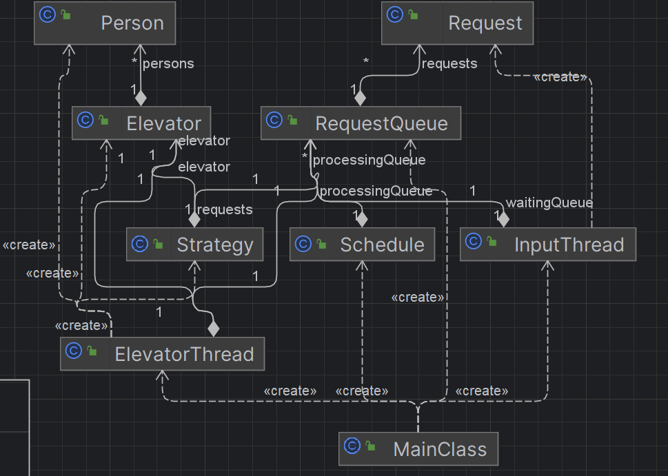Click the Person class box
pyautogui.click(x=105, y=23)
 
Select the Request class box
pyautogui.click(x=457, y=23)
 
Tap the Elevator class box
pyautogui.click(x=141, y=123)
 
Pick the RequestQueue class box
pyautogui.click(x=361, y=123)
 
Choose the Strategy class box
pyautogui.click(x=194, y=245)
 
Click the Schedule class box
pyautogui.click(x=362, y=245)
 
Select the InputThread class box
pyautogui.click(x=548, y=245)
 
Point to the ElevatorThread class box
pyautogui.click(x=162, y=354)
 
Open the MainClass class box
pyautogui.click(x=418, y=449)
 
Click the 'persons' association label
pyautogui.click(x=168, y=63)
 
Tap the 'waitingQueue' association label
pyautogui.click(x=549, y=203)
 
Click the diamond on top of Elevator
pyautogui.click(x=141, y=99)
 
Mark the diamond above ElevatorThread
pyautogui.click(x=214, y=329)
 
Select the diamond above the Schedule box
pyautogui.click(x=362, y=220)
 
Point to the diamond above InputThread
pyautogui.click(x=503, y=220)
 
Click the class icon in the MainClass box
pyautogui.click(x=352, y=446)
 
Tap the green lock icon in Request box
pyautogui.click(x=413, y=15)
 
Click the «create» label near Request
pyautogui.click(x=560, y=77)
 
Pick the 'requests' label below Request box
pyautogui.click(x=449, y=63)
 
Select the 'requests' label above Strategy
pyautogui.click(x=225, y=209)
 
